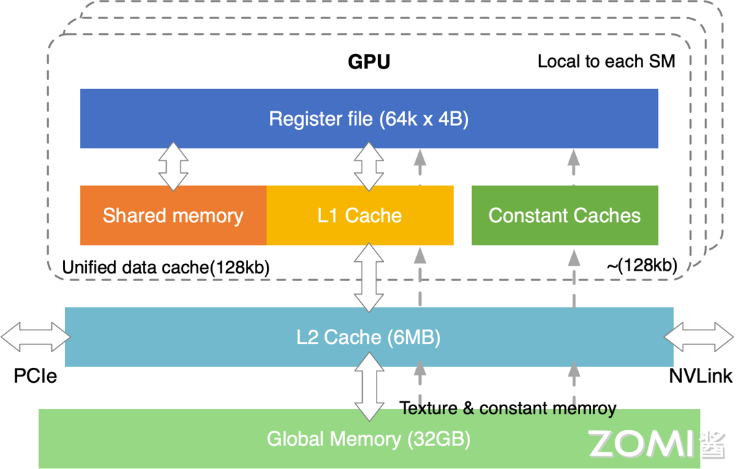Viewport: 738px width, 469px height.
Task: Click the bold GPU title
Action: pyautogui.click(x=369, y=62)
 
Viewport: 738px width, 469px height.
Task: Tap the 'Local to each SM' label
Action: pyautogui.click(x=606, y=62)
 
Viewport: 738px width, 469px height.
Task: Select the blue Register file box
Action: pyautogui.click(x=369, y=118)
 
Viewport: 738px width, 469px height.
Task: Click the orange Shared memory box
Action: pyautogui.click(x=173, y=215)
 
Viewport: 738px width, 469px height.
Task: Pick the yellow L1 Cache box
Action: pyautogui.click(x=359, y=215)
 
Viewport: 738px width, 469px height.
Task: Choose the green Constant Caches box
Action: pyautogui.click(x=564, y=215)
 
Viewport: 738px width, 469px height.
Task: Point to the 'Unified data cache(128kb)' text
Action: pyautogui.click(x=165, y=268)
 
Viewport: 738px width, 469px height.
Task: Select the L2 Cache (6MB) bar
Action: pyautogui.click(x=369, y=336)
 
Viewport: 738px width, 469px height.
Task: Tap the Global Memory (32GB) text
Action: pyautogui.click(x=368, y=438)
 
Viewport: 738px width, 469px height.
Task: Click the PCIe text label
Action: pyautogui.click(x=35, y=375)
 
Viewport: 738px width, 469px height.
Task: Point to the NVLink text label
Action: pyautogui.click(x=700, y=375)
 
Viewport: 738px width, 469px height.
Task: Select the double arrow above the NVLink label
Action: pyautogui.click(x=698, y=336)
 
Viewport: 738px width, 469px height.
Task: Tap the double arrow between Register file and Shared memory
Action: pyautogui.click(x=173, y=166)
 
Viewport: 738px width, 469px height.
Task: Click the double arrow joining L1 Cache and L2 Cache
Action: pyautogui.click(x=369, y=276)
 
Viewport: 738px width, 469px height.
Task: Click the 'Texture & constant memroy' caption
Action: pyautogui.click(x=508, y=409)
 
